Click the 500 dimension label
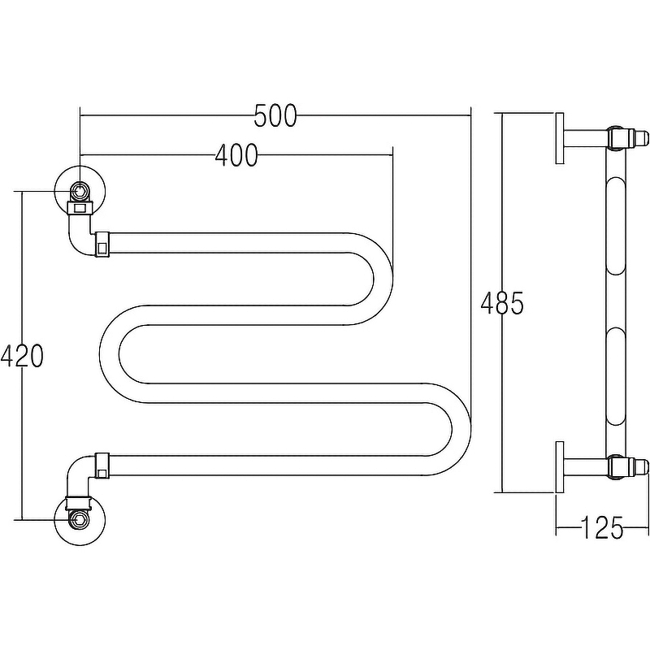coord(275,115)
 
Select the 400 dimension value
coord(236,155)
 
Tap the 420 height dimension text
coord(22,356)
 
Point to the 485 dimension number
coord(502,303)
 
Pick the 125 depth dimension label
coord(602,528)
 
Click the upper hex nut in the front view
coord(79,191)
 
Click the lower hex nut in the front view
coord(79,519)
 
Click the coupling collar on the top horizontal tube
coord(102,245)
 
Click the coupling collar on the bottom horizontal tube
coord(102,466)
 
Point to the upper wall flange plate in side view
coord(560,138)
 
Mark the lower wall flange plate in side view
coord(560,468)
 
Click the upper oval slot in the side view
coord(617,226)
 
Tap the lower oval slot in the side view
coord(617,376)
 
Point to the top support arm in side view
coord(585,138)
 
